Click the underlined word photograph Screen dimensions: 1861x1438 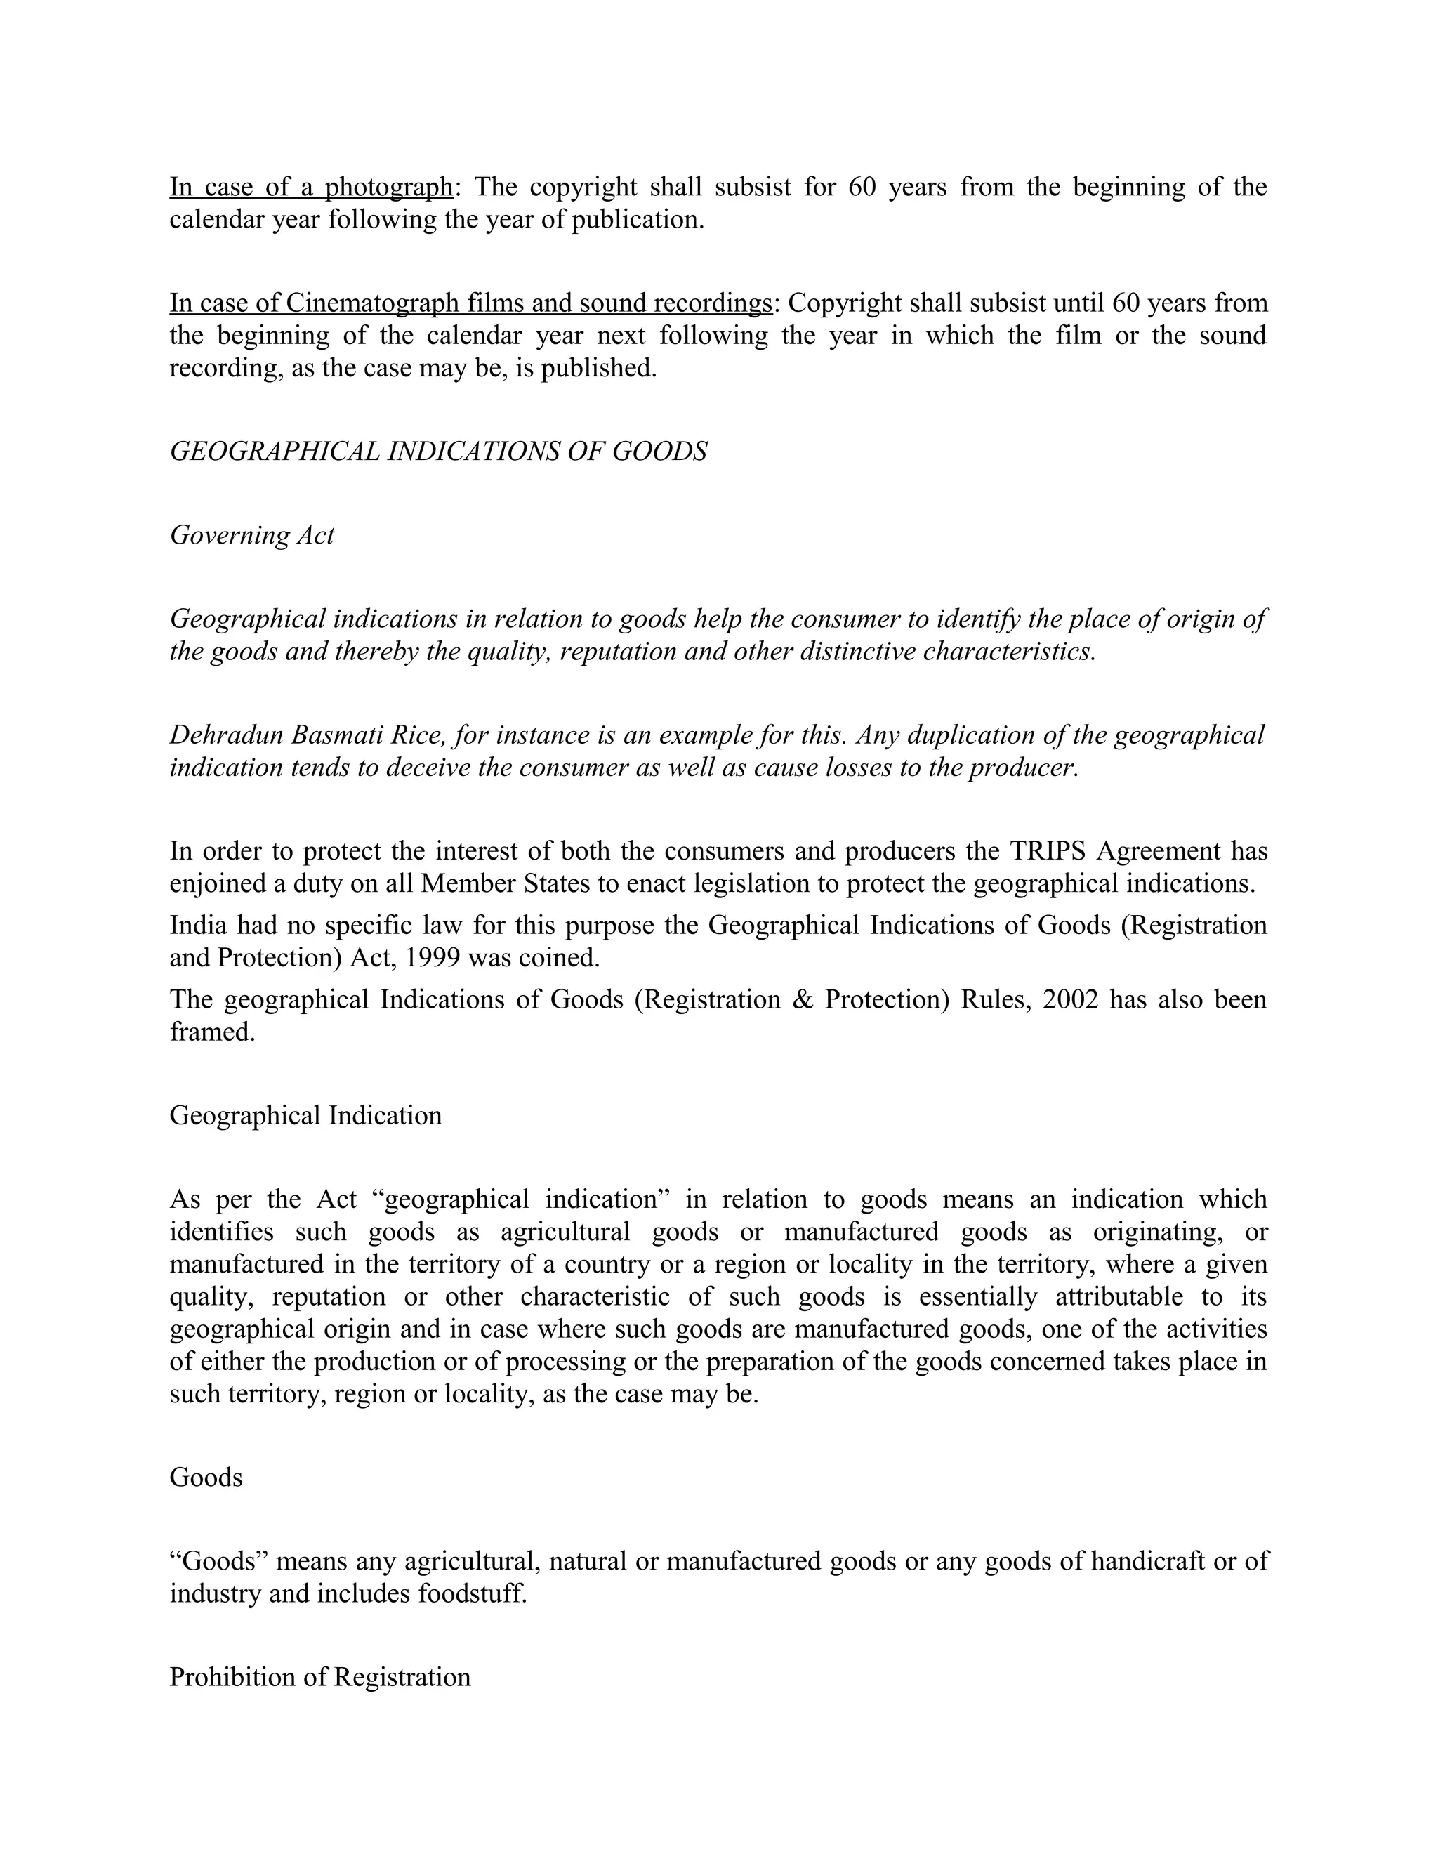click(388, 187)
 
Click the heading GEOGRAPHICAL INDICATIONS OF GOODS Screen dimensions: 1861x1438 click(438, 452)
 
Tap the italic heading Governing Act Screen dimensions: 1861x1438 click(251, 535)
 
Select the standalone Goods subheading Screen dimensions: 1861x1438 click(205, 1477)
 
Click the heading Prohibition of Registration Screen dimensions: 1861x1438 click(319, 1678)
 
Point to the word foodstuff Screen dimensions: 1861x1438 click(472, 1593)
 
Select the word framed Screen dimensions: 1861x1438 click(212, 1032)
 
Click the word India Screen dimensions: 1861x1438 click(197, 926)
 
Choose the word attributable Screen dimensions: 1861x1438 click(1119, 1297)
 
